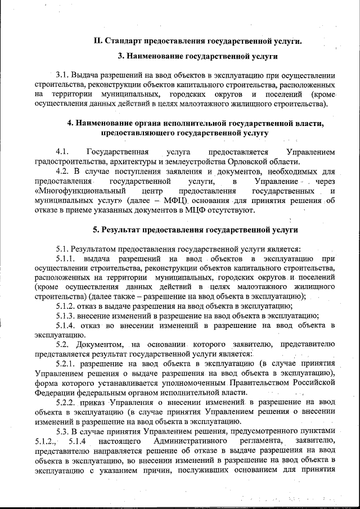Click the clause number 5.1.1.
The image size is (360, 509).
pos(67,259)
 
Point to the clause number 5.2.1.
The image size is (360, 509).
pos(67,364)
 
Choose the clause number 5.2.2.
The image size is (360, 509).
pos(67,403)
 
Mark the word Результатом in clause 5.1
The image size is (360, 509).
pos(100,249)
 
